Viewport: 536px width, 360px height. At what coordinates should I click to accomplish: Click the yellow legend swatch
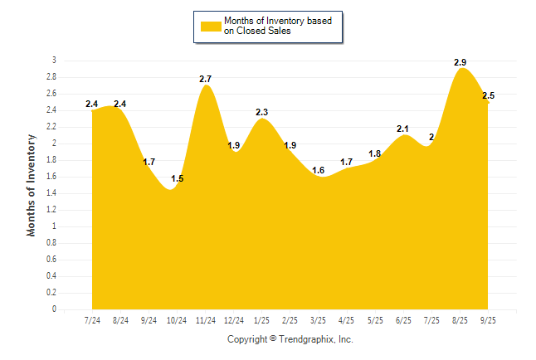[211, 26]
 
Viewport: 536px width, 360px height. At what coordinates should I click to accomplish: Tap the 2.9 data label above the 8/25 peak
[460, 62]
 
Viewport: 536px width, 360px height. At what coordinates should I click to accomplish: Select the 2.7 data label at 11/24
[206, 79]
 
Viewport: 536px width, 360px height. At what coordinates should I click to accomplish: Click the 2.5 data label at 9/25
[488, 96]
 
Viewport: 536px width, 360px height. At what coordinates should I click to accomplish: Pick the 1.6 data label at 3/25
[319, 170]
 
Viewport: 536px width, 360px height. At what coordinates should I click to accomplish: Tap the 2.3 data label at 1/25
[261, 112]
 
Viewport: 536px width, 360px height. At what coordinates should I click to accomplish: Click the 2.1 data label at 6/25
[403, 129]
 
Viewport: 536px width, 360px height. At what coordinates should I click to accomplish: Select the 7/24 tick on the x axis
[92, 320]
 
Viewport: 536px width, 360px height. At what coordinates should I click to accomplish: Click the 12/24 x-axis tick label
[234, 320]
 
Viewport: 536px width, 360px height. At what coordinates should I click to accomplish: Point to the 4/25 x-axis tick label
[347, 320]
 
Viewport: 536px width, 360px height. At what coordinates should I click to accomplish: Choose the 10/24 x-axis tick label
[178, 320]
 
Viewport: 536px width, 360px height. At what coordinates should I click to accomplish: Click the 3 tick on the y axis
[54, 61]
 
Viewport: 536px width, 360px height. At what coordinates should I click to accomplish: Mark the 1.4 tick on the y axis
[51, 193]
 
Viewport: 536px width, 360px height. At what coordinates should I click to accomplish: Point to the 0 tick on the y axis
[54, 309]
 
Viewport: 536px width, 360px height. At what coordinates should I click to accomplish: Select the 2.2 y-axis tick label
[51, 127]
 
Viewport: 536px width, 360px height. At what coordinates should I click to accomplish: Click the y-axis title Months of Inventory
[32, 184]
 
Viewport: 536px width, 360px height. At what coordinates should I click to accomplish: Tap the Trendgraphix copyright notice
[290, 339]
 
